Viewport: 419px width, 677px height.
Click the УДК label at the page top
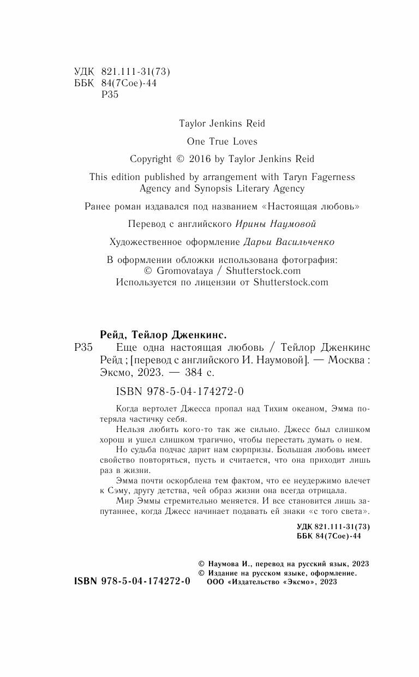click(83, 71)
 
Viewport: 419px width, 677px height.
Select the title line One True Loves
click(222, 141)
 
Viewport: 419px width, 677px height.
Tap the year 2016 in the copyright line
click(202, 159)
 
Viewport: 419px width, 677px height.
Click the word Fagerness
click(328, 177)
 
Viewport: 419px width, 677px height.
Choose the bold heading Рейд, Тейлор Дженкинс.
click(164, 334)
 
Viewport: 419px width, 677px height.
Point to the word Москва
click(342, 360)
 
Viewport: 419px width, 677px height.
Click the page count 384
click(194, 373)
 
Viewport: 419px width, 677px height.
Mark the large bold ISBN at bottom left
click(132, 582)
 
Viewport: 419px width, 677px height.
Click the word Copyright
click(151, 159)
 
